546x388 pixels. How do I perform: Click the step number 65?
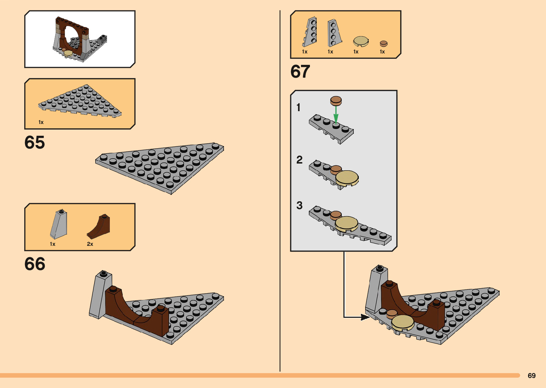[35, 143]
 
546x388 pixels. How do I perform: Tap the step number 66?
[35, 264]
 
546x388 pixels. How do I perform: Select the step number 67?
[300, 72]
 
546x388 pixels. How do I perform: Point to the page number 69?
[531, 376]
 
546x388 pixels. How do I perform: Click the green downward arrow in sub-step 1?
[336, 114]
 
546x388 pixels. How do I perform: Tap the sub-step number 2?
[299, 160]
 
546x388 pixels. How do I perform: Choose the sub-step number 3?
[299, 205]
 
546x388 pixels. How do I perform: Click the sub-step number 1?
[298, 107]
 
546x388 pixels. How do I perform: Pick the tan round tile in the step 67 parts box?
[361, 41]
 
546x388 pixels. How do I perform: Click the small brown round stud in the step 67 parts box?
[383, 43]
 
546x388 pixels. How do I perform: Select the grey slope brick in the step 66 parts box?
[59, 224]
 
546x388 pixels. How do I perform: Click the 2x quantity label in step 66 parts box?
[90, 244]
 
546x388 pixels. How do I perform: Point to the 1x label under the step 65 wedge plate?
[41, 122]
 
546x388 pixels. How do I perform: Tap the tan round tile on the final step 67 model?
[403, 322]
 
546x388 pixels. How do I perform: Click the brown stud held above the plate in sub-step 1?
[336, 101]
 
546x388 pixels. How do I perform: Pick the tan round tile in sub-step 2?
[347, 178]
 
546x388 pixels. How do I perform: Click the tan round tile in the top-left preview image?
[68, 53]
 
